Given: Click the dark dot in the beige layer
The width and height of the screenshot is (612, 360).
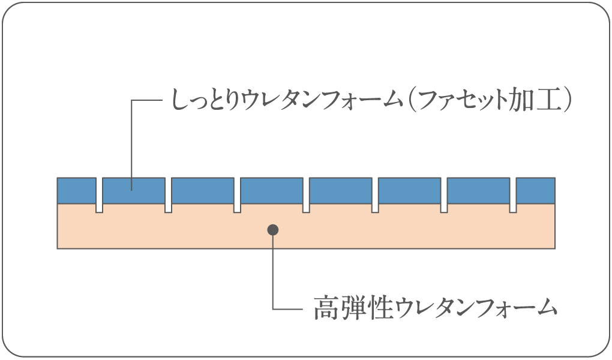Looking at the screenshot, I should tap(273, 229).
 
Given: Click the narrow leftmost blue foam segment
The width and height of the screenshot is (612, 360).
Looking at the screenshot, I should tap(76, 190).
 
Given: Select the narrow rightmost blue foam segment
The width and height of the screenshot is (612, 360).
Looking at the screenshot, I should tap(536, 190).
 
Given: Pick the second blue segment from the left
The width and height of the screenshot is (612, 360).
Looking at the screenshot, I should tap(134, 190).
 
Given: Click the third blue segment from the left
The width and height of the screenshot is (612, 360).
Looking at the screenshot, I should tap(203, 190).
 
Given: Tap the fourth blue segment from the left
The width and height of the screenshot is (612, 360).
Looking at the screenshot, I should tap(272, 190).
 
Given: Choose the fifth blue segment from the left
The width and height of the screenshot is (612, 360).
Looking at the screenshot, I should tap(340, 190).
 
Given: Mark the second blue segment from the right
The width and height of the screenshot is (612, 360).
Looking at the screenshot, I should tap(478, 190).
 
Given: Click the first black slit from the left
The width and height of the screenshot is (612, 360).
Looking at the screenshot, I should tap(100, 195).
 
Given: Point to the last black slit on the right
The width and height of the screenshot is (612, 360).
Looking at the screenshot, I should tap(513, 195).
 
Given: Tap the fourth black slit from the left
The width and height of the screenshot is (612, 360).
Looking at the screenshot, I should tap(306, 195).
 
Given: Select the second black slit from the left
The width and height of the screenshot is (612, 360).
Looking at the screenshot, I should tap(169, 195).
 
